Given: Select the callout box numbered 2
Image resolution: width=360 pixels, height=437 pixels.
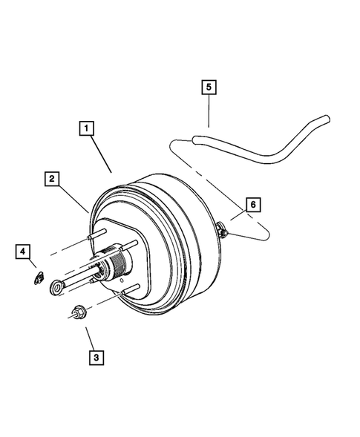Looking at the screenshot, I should click(x=51, y=178).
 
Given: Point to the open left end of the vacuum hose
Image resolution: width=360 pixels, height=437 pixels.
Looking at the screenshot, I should click(x=195, y=139).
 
